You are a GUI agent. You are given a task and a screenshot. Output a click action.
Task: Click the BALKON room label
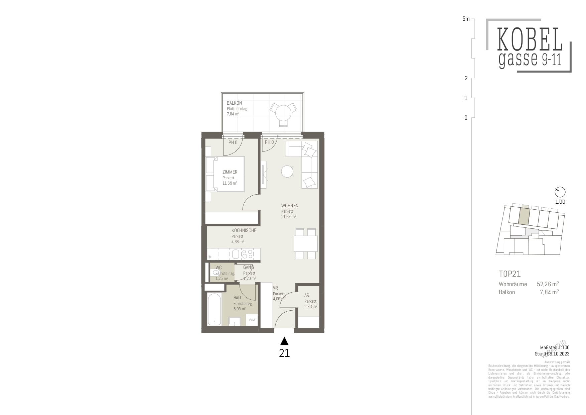click(234, 103)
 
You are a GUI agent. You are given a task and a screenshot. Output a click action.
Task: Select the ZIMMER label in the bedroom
click(230, 172)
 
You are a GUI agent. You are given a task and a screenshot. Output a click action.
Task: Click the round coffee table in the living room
click(287, 172)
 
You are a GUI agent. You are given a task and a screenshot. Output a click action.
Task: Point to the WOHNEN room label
click(290, 206)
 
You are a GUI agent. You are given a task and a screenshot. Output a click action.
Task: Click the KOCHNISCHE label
click(244, 230)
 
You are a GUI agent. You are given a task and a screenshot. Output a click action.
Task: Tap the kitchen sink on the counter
click(236, 254)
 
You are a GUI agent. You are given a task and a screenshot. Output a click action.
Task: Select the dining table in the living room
click(305, 243)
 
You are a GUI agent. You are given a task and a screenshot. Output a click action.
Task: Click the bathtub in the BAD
click(214, 309)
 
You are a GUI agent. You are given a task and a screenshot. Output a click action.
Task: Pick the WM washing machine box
click(252, 320)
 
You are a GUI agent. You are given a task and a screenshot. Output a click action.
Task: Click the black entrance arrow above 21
click(284, 341)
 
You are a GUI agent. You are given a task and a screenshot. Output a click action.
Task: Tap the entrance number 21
click(284, 353)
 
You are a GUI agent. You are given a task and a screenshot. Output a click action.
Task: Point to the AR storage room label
click(307, 295)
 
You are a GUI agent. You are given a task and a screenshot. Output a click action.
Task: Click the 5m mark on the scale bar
click(466, 19)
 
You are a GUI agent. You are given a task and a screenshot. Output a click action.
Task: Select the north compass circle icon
click(560, 192)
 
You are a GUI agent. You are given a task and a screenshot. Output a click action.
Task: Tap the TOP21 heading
click(509, 274)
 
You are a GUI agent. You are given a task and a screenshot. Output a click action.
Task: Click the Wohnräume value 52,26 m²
click(548, 284)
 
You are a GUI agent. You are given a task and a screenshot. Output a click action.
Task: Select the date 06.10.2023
click(559, 354)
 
